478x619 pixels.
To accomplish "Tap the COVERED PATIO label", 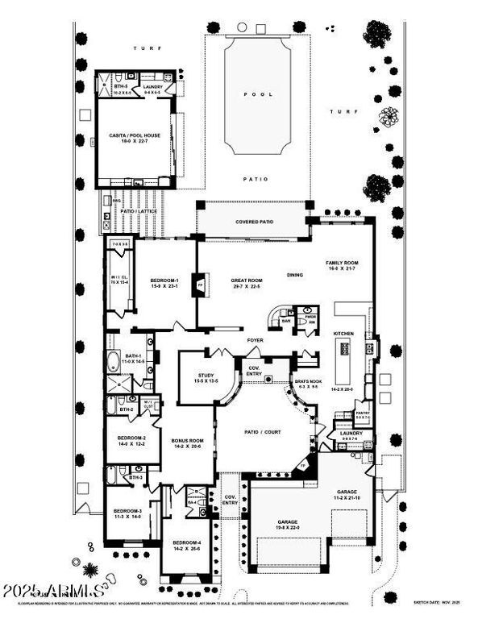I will pyautogui.click(x=252, y=221).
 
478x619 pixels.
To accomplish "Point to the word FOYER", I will pyautogui.click(x=256, y=341).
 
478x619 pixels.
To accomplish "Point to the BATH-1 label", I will pyautogui.click(x=134, y=355).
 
